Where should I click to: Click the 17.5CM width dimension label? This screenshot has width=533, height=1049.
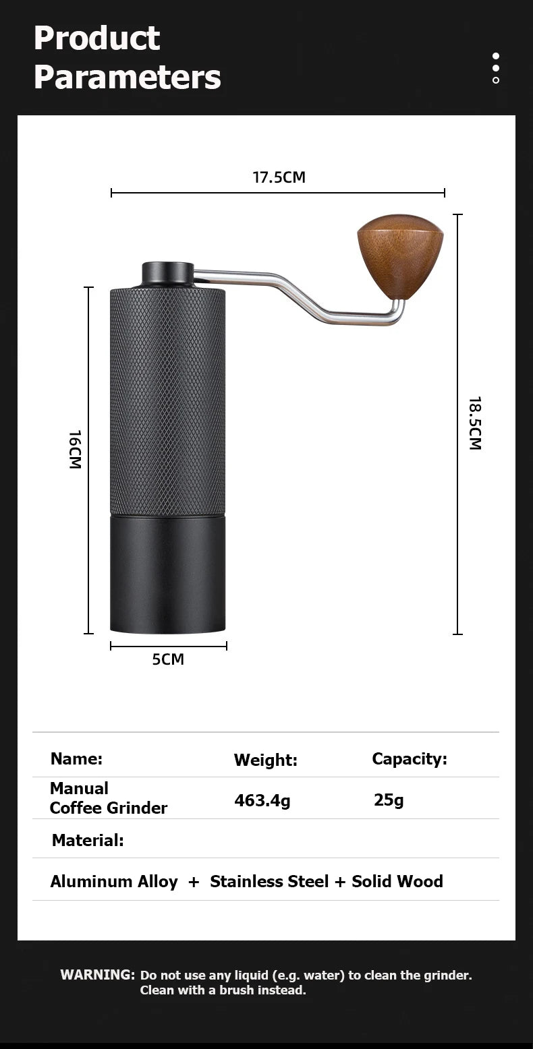point(279,177)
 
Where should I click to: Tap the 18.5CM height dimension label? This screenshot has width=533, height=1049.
point(475,423)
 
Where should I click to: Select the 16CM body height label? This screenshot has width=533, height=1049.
point(75,450)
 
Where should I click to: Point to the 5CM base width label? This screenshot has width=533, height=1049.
point(168,659)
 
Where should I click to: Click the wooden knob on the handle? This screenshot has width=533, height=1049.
point(400,255)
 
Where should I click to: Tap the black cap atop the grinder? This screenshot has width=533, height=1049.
point(167,273)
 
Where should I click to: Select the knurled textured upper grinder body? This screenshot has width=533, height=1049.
point(167,401)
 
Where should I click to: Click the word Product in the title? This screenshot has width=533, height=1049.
point(96,38)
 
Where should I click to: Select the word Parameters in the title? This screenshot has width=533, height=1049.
point(127,77)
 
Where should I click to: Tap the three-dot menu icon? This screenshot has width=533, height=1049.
point(496,68)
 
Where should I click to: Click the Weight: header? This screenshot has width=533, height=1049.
point(265,760)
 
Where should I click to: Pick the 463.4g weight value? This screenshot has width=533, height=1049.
point(262,801)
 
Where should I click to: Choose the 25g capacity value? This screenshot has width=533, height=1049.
point(389,800)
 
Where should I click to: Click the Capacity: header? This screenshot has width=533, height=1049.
point(410,759)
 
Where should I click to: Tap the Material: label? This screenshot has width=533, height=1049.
point(88,841)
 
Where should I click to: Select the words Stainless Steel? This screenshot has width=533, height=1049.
point(269,882)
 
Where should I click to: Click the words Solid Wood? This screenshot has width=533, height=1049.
point(397,882)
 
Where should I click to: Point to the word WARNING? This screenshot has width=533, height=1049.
point(98,975)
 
